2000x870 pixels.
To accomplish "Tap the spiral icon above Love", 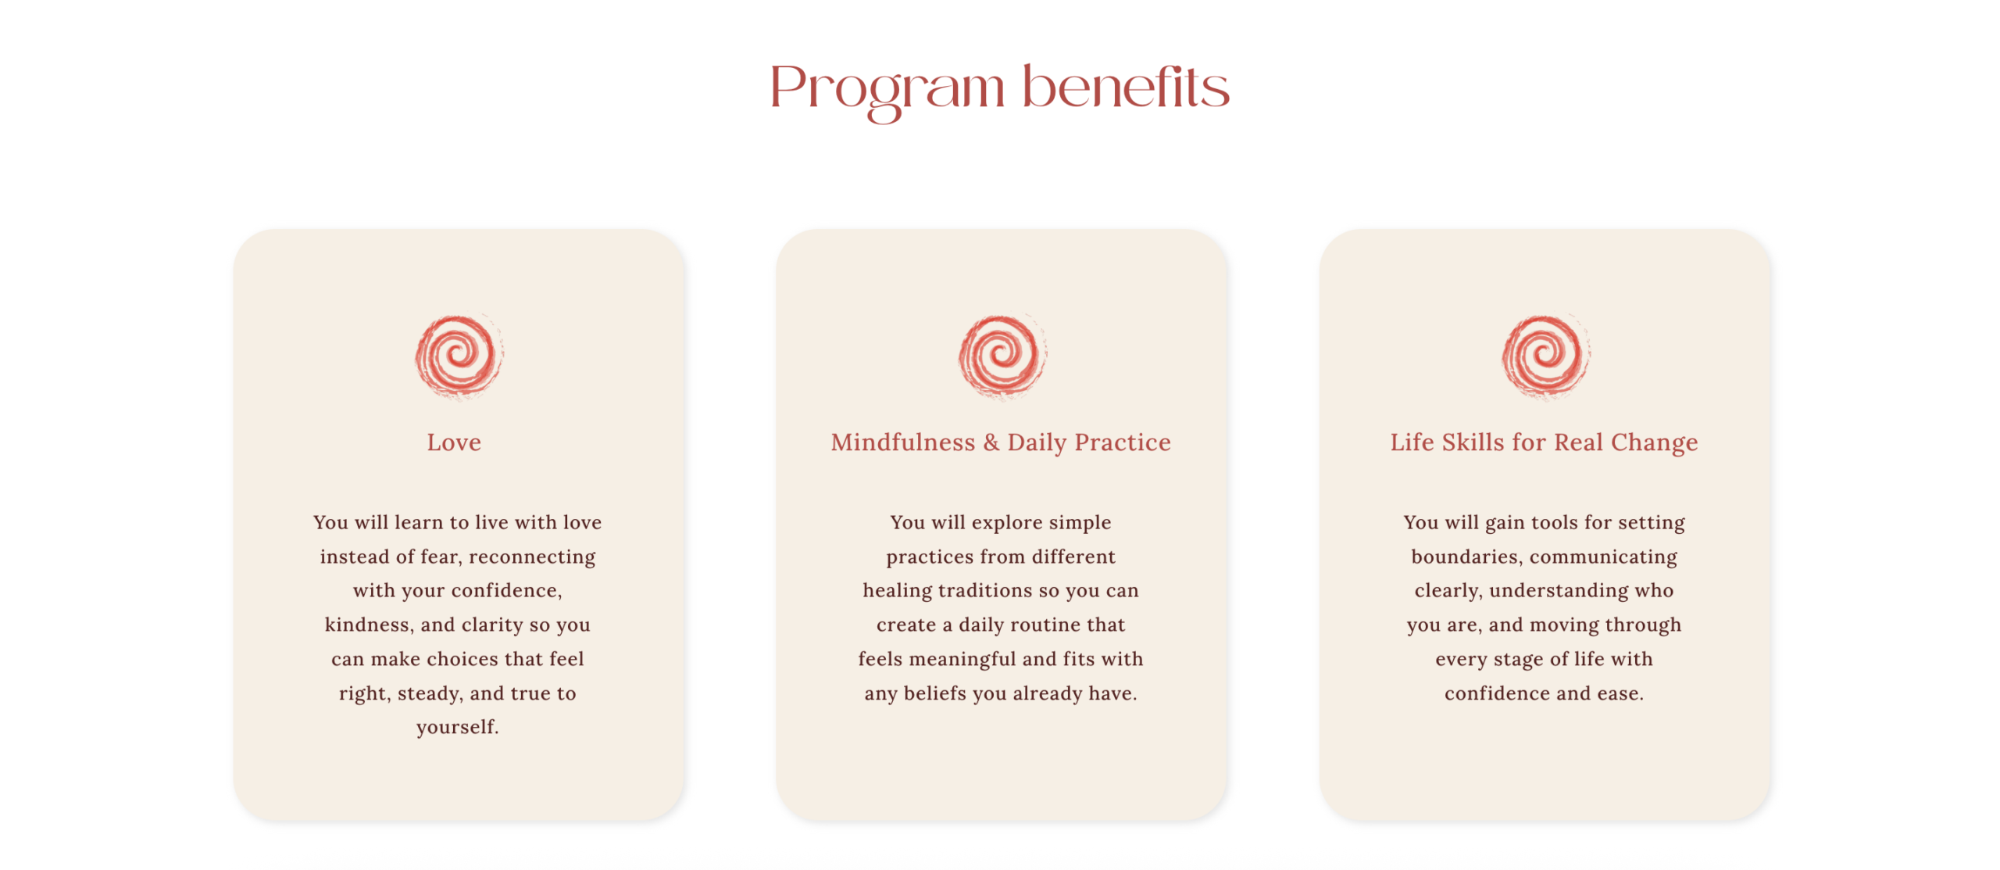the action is (459, 356).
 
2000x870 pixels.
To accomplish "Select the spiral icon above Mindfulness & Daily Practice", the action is (1002, 356).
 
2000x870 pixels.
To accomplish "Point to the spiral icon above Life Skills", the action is (1545, 356).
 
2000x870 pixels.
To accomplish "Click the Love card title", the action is (454, 442).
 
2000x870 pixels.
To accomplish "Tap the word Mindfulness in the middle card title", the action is (902, 442).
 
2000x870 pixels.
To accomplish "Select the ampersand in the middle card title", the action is (991, 442).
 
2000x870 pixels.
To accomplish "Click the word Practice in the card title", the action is (1123, 442).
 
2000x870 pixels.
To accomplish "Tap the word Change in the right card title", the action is (1654, 443).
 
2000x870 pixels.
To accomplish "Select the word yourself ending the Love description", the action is (457, 728).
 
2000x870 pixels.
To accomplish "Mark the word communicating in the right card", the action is (1603, 557).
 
